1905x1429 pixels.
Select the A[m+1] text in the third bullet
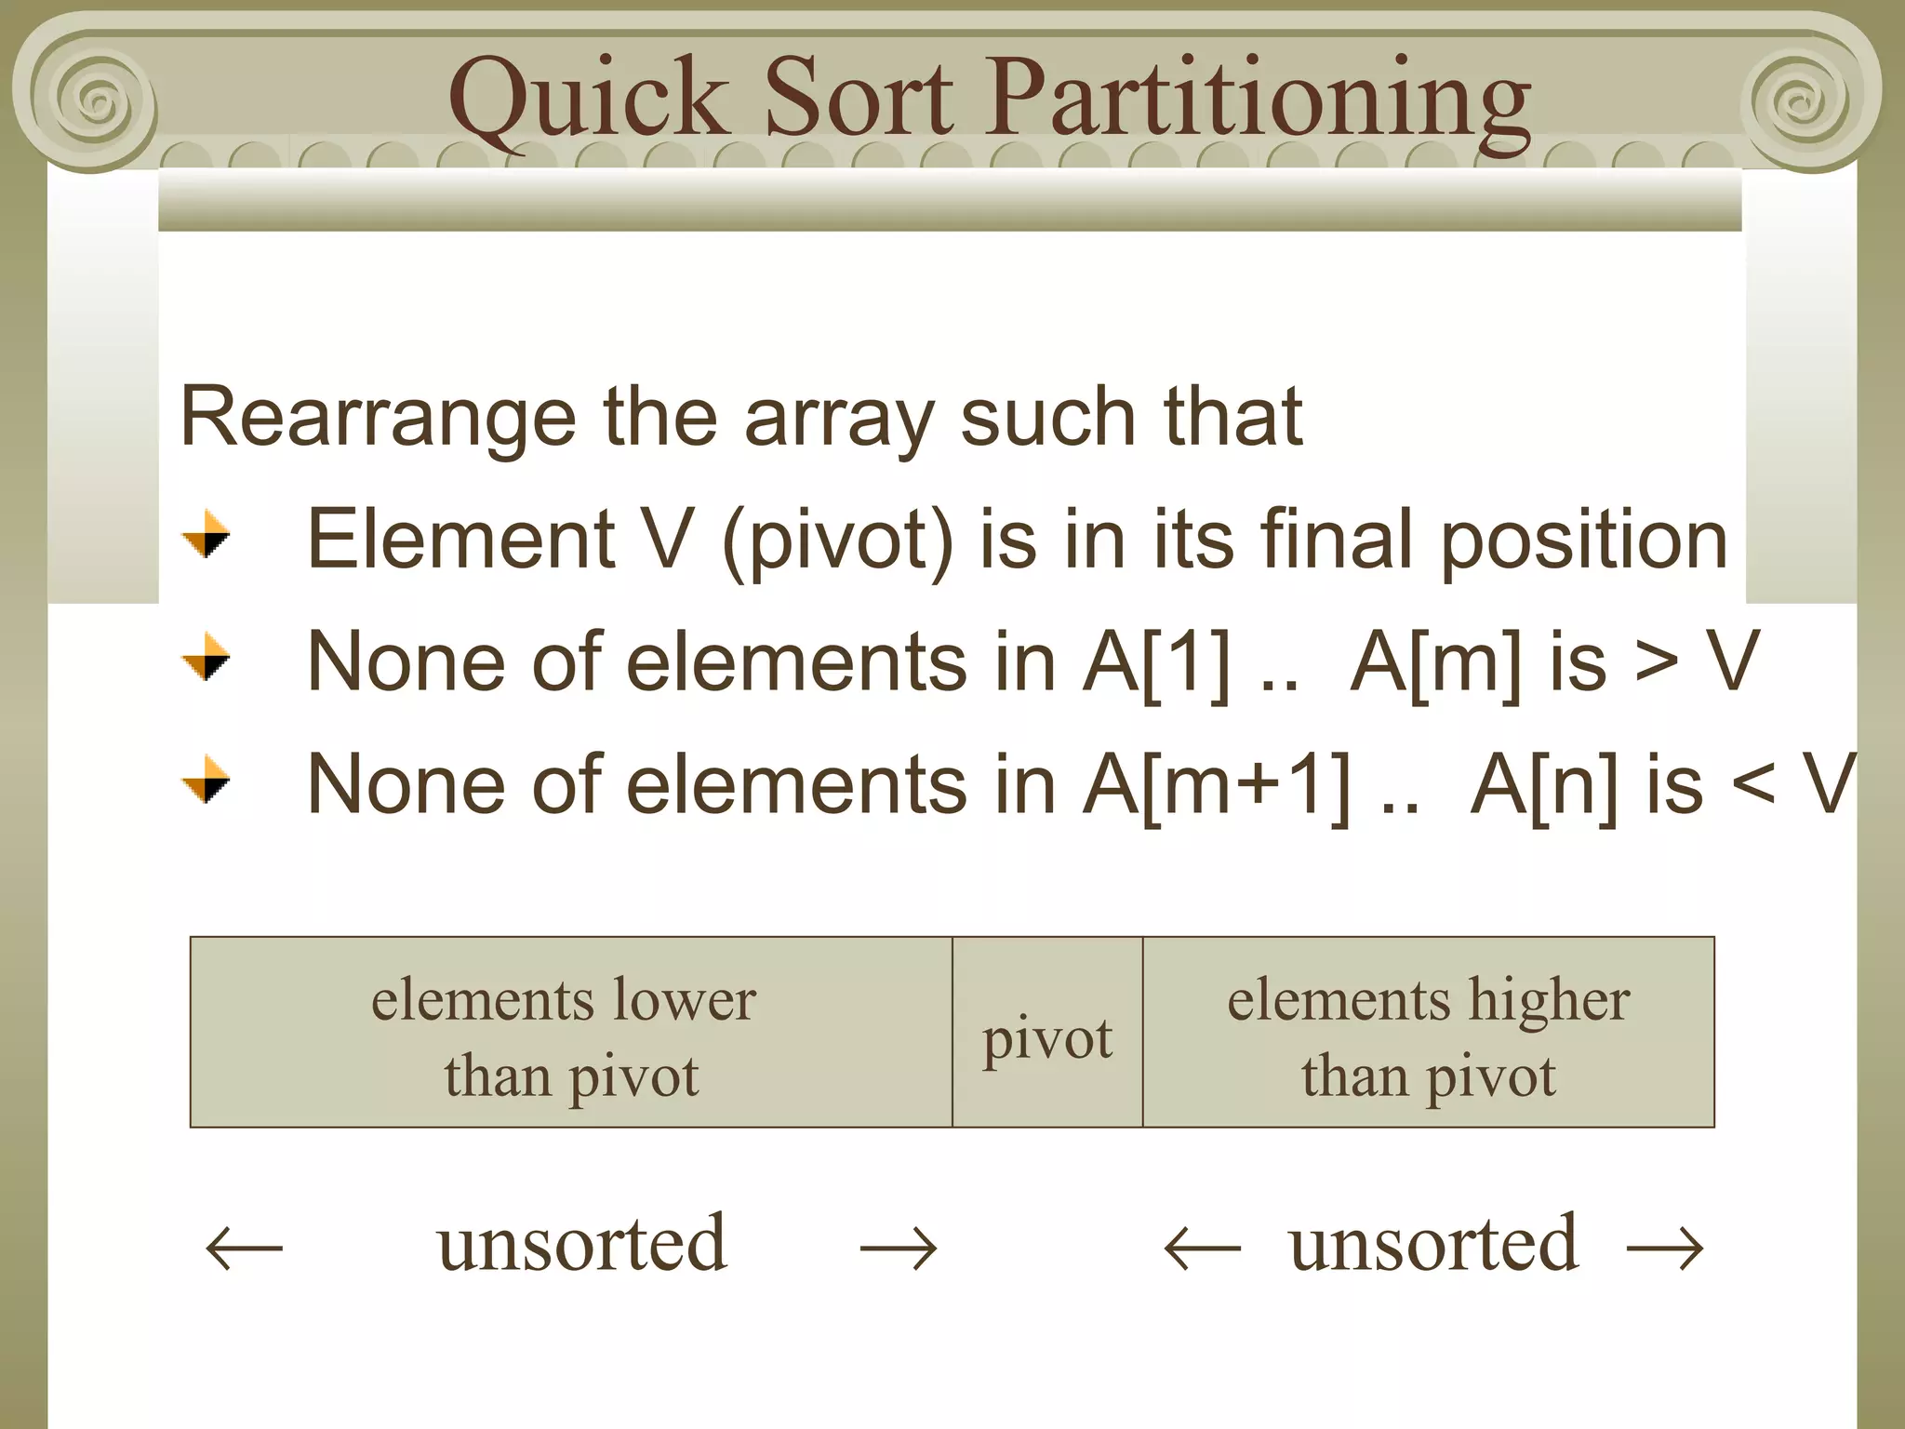[x=1217, y=785]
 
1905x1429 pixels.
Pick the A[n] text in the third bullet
[x=1544, y=785]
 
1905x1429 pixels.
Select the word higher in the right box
[x=1549, y=1001]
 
